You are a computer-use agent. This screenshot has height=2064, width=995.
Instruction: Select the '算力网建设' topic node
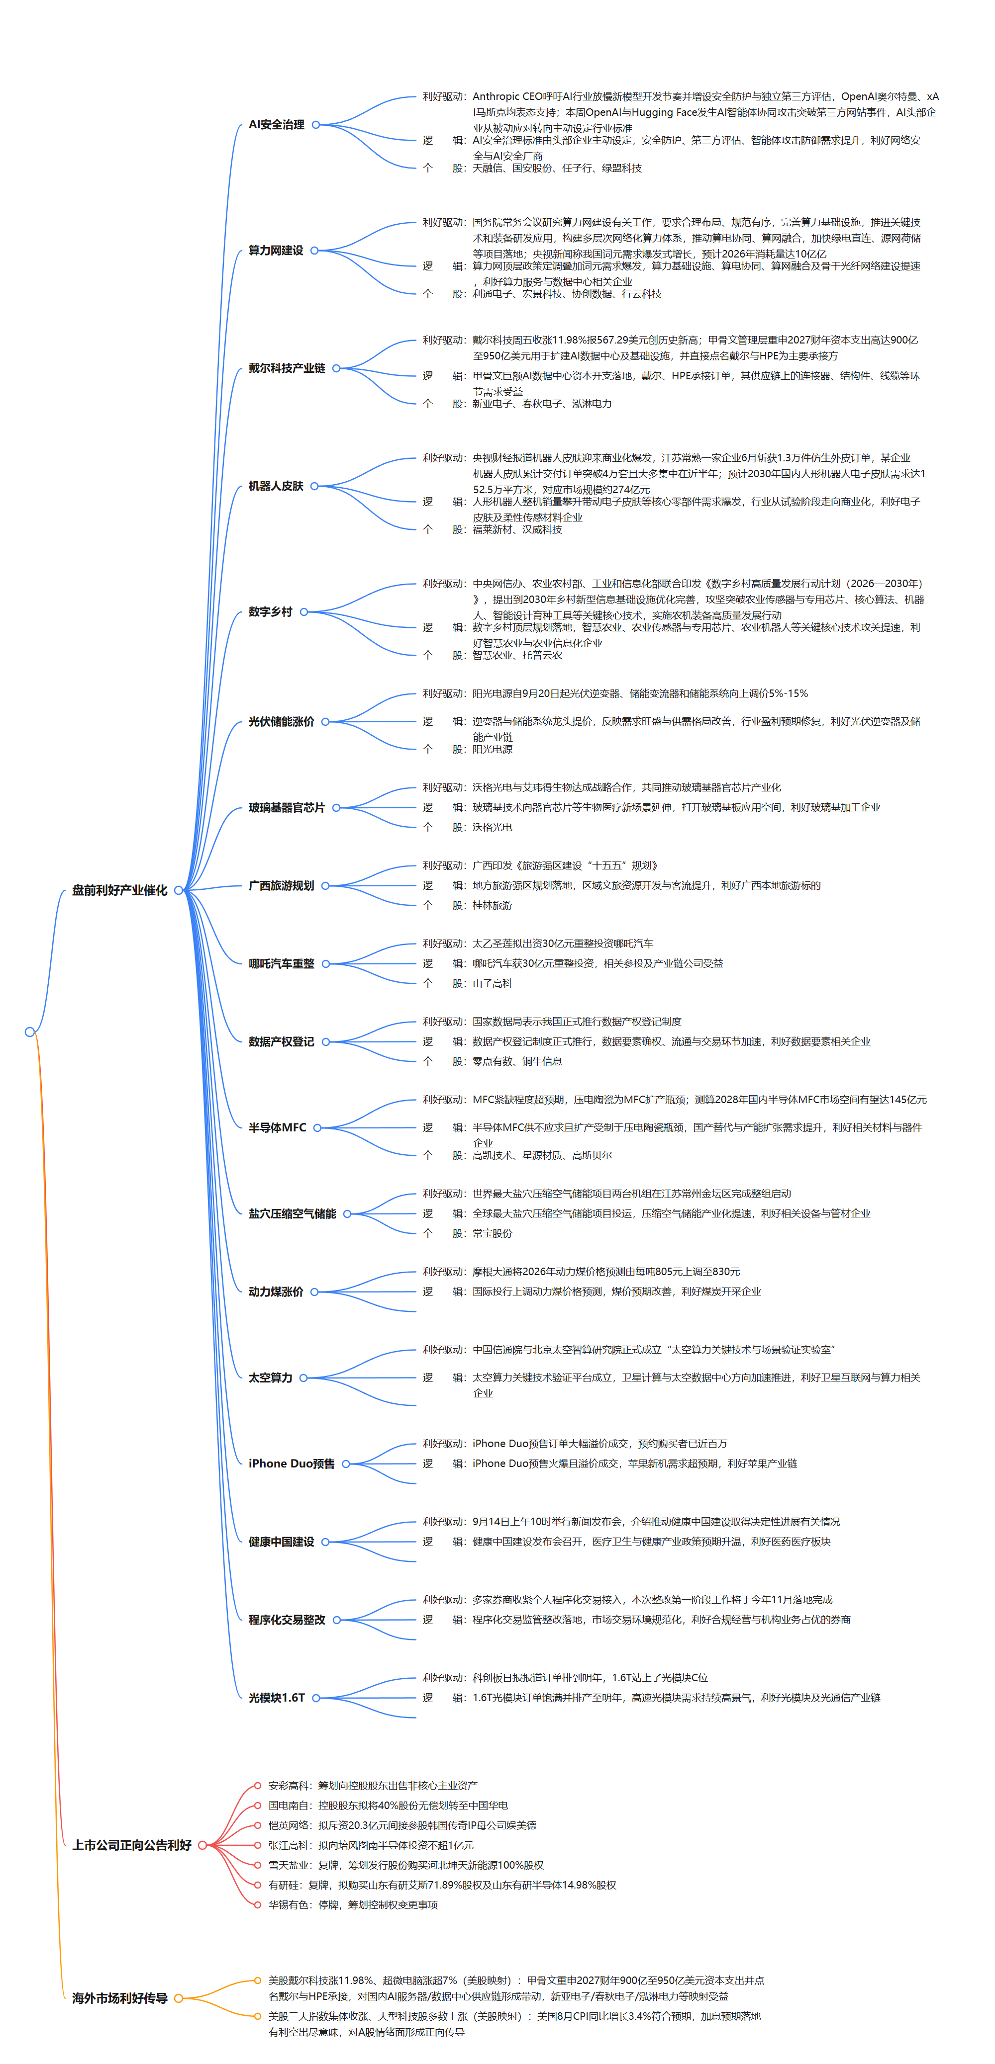(276, 250)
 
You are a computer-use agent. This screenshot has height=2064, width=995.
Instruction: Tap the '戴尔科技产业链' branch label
(286, 368)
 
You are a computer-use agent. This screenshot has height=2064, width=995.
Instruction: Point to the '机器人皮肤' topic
(276, 486)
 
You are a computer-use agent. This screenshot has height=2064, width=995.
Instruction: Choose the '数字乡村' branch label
(270, 611)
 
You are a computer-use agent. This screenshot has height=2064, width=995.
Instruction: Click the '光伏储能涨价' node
(282, 721)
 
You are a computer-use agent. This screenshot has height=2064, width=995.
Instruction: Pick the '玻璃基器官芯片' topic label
(286, 808)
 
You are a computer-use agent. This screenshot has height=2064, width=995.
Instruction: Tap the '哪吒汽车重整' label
(282, 964)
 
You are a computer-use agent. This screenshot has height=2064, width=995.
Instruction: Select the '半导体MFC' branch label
(278, 1127)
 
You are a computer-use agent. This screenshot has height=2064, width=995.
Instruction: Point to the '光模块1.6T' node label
(277, 1697)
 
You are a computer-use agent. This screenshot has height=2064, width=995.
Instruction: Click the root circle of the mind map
(30, 1032)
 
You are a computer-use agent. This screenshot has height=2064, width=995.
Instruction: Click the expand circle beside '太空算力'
(303, 1377)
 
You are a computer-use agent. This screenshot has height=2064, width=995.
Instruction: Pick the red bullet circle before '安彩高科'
(257, 1785)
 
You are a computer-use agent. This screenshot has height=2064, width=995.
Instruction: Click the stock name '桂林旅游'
(493, 905)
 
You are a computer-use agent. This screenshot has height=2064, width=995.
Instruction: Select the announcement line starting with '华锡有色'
(353, 1904)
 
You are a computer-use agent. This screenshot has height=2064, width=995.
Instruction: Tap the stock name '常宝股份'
(493, 1233)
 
